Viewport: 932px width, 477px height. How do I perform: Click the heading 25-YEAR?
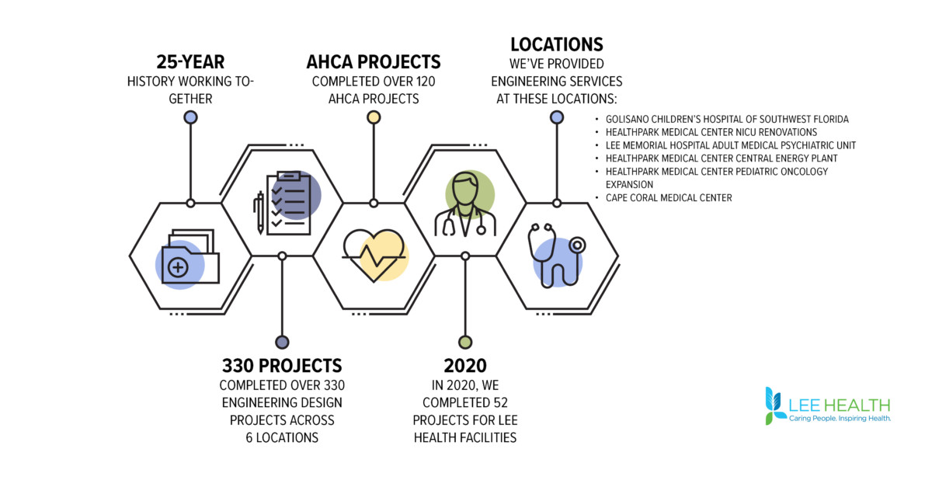pos(190,62)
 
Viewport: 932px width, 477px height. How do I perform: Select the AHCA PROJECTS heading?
pos(374,62)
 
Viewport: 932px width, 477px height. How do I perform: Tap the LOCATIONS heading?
pos(557,44)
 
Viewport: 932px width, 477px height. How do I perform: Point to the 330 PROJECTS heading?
pos(282,366)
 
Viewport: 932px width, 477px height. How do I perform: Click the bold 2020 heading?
pos(465,366)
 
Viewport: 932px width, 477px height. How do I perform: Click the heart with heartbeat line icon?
pos(374,255)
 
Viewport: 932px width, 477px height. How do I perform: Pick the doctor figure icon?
pos(466,204)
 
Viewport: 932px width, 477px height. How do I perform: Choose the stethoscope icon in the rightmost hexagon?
pos(557,256)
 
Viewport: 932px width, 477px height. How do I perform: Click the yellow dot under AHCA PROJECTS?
pos(374,117)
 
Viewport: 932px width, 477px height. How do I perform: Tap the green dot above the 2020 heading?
pos(465,342)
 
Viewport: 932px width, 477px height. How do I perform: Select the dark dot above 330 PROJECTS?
pos(282,342)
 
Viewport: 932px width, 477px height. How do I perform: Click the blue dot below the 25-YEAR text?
pos(190,117)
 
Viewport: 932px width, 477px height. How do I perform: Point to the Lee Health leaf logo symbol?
pos(776,406)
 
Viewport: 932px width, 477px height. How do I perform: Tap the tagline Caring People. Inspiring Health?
pos(840,418)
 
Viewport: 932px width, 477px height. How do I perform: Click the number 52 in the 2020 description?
pos(502,403)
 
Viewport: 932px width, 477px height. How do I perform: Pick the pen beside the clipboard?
pos(260,212)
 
